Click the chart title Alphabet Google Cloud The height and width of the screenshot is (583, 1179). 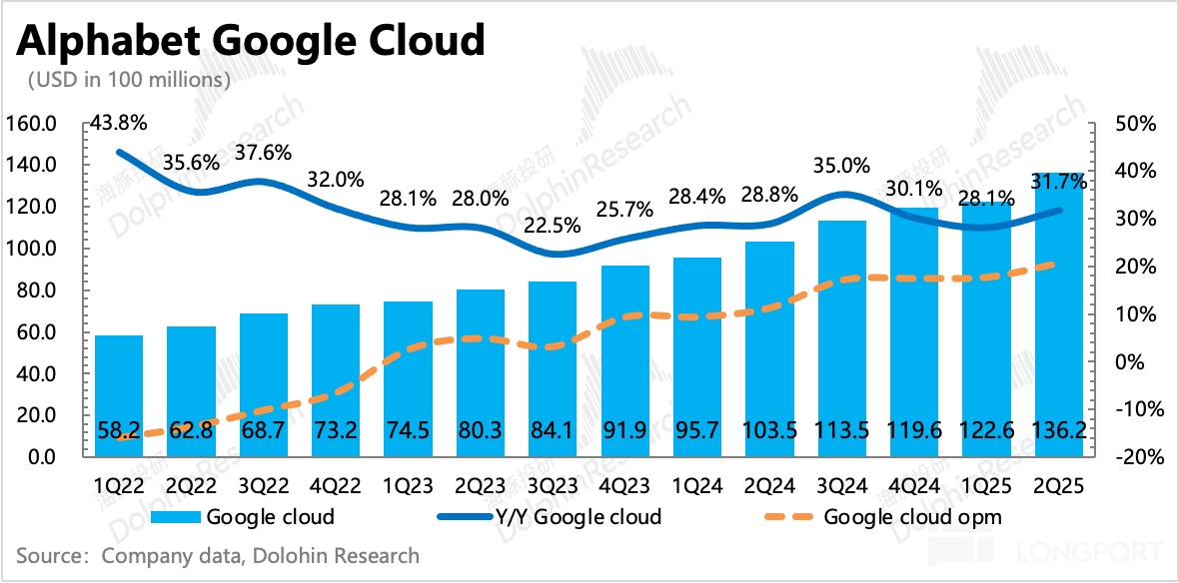(249, 41)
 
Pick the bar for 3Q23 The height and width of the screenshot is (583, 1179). (554, 369)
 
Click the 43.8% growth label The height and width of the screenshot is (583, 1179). (119, 124)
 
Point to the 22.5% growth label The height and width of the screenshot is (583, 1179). (552, 226)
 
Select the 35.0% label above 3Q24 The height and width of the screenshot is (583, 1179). (841, 165)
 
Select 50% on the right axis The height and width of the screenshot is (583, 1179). (1134, 124)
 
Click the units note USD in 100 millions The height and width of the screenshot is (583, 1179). (130, 79)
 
